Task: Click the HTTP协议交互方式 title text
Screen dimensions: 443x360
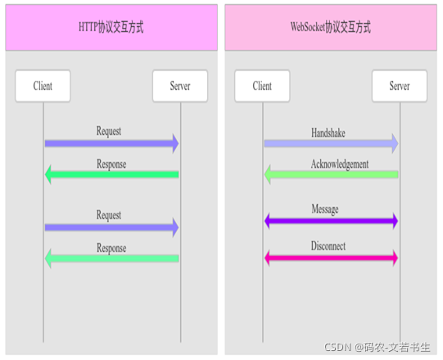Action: (111, 27)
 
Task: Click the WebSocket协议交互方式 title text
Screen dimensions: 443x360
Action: (331, 27)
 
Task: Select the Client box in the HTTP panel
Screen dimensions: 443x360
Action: (43, 86)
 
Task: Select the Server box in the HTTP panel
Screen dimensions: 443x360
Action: (180, 86)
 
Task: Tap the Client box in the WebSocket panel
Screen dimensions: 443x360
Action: (262, 86)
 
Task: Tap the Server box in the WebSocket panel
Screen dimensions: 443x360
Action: (400, 86)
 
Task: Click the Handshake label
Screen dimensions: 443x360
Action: (328, 133)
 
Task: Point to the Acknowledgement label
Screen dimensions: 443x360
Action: (340, 164)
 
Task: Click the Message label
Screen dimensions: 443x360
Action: (325, 209)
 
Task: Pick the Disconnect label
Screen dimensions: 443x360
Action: (328, 246)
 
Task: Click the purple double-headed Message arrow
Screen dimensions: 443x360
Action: (331, 221)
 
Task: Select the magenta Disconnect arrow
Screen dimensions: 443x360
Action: (331, 258)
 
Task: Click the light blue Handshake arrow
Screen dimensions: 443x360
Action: (331, 144)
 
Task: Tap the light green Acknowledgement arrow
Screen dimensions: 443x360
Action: (331, 174)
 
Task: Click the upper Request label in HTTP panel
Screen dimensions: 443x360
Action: (109, 131)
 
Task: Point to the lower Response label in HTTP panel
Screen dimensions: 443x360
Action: (111, 248)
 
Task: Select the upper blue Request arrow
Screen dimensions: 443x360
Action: (112, 144)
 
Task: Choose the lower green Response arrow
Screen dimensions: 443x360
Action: (112, 259)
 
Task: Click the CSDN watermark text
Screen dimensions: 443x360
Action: (377, 347)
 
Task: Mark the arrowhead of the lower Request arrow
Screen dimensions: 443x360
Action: (176, 227)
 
